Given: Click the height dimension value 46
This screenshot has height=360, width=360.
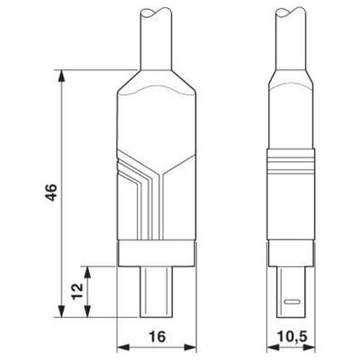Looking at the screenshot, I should (52, 193).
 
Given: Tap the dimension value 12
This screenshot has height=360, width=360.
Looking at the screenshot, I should (77, 292).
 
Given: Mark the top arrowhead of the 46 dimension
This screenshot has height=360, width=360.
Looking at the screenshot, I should (61, 74).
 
